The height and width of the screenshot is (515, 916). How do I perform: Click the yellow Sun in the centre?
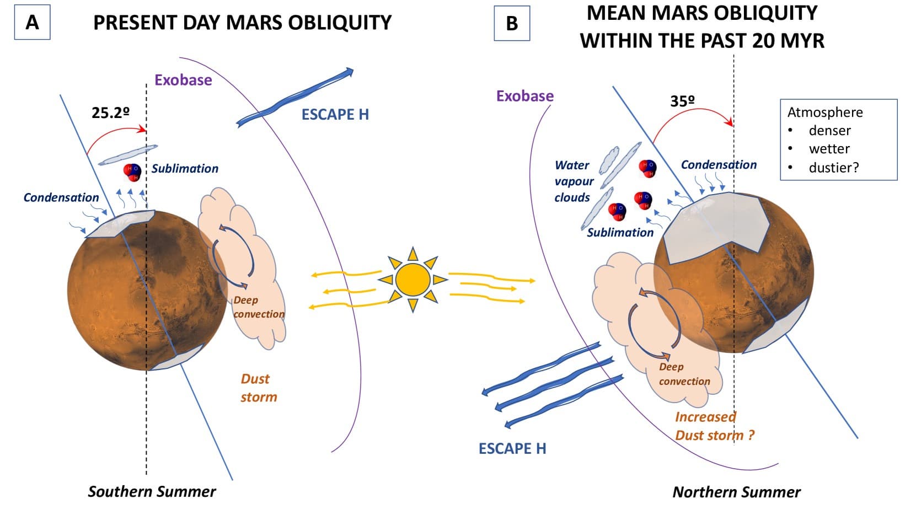coord(412,279)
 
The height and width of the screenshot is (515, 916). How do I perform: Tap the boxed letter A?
coord(32,23)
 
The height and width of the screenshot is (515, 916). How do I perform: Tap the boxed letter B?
coord(512,23)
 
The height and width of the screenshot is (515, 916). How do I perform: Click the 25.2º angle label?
coord(110,113)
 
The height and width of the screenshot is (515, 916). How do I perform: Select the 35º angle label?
coord(682,101)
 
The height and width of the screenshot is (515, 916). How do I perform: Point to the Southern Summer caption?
coord(152,491)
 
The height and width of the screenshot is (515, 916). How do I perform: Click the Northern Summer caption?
coord(736,492)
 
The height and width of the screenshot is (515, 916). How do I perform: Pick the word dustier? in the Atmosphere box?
coord(833,168)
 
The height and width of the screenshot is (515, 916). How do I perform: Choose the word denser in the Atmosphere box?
coord(829,131)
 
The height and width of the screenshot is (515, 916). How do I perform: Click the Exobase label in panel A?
coord(183,81)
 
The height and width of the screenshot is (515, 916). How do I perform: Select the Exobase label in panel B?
coord(524,96)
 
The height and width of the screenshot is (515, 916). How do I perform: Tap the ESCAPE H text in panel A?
coord(335,115)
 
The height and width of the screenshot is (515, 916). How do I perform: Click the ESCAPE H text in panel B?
coord(512,449)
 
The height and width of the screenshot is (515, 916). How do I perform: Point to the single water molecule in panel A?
coord(132,171)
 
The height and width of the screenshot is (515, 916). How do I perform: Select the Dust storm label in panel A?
coord(258,388)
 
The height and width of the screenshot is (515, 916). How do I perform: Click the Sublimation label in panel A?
coord(185,169)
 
